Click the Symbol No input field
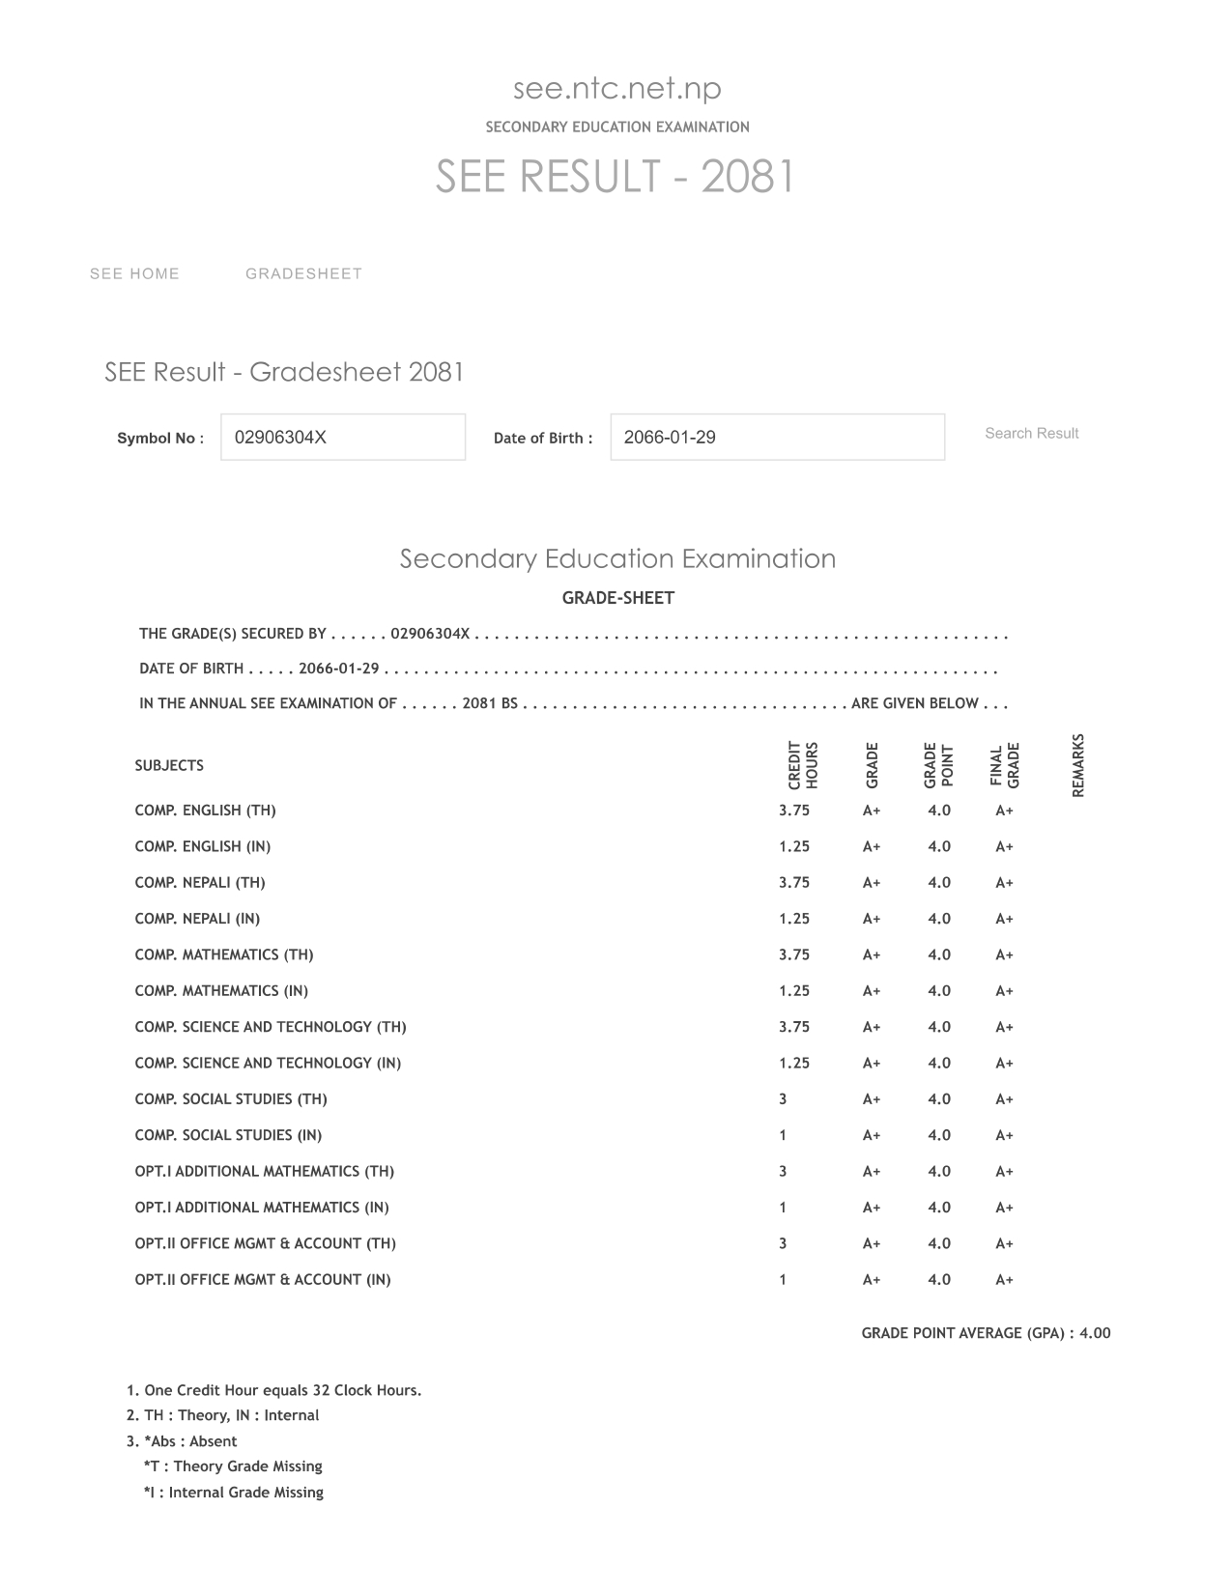pyautogui.click(x=343, y=438)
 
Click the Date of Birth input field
pyautogui.click(x=777, y=438)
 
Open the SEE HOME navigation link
pyautogui.click(x=134, y=274)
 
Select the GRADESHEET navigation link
pyautogui.click(x=303, y=274)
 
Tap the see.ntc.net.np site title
pyautogui.click(x=616, y=89)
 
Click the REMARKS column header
pyautogui.click(x=1078, y=766)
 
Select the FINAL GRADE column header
pyautogui.click(x=1005, y=766)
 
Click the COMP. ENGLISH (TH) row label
pyautogui.click(x=205, y=811)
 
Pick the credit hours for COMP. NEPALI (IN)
pyautogui.click(x=794, y=919)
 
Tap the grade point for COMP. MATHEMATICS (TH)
pyautogui.click(x=939, y=954)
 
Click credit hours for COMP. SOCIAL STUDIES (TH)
pyautogui.click(x=783, y=1099)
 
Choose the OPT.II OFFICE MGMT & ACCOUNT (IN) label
pyautogui.click(x=263, y=1280)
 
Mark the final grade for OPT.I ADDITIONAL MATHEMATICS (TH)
pyautogui.click(x=1005, y=1172)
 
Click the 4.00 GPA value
pyautogui.click(x=1095, y=1333)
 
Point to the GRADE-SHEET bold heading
pyautogui.click(x=617, y=598)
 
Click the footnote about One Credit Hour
pyautogui.click(x=274, y=1391)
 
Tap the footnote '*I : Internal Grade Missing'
pyautogui.click(x=233, y=1493)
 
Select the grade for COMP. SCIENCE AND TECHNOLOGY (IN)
pyautogui.click(x=872, y=1064)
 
